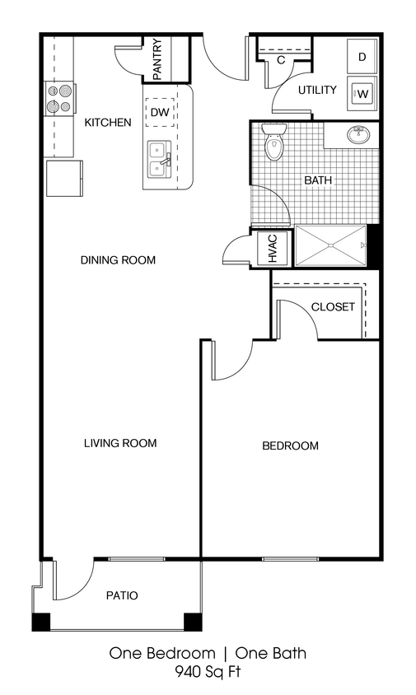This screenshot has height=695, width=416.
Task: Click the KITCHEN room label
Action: point(108,123)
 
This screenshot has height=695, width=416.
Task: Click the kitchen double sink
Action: point(158,159)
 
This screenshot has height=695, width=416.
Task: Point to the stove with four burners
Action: point(59,99)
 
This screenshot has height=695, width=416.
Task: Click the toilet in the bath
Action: point(273,145)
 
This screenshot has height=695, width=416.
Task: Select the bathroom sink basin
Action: point(359,135)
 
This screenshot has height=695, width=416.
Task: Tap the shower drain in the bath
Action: point(330,245)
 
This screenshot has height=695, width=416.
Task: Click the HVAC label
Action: point(273,248)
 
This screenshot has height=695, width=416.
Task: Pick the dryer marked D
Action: point(362,57)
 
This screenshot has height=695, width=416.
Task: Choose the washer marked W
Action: point(362,93)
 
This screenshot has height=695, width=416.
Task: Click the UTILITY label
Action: point(317,90)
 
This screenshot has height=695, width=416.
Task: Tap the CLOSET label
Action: point(333,307)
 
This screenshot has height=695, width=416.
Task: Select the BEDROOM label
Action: point(290,446)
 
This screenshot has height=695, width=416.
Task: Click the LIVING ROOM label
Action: point(120,443)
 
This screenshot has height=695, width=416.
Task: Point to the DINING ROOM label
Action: point(118,260)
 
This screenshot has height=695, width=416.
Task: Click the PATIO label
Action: point(122,595)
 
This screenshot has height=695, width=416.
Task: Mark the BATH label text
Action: point(318,180)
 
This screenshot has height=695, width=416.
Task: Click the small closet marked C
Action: point(281,59)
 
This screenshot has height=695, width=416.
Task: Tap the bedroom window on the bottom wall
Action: point(290,560)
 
